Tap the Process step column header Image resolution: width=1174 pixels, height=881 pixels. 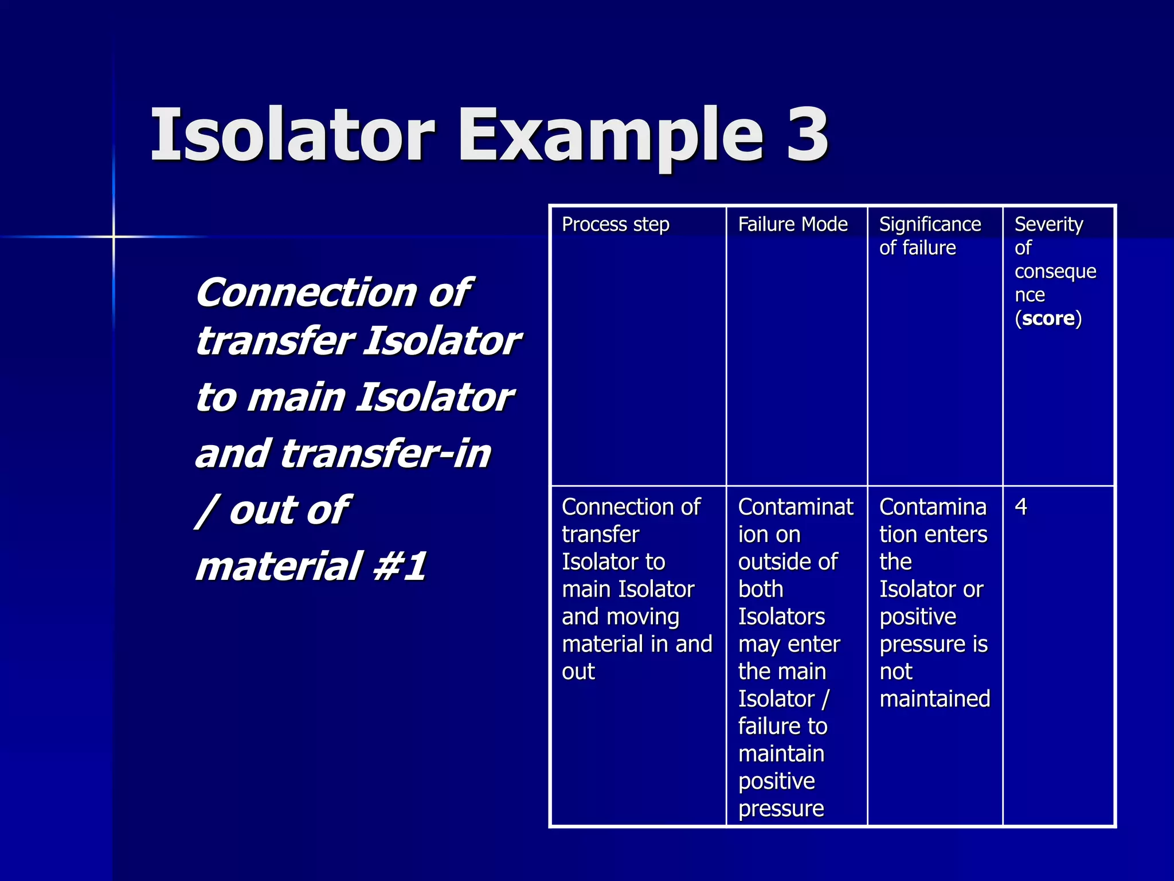(x=615, y=224)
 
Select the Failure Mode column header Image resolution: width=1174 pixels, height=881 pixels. (x=792, y=224)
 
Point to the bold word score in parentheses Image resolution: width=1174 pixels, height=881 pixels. (x=1048, y=318)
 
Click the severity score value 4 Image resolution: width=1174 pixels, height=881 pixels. (x=1021, y=507)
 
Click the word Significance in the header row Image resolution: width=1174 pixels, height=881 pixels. (x=930, y=224)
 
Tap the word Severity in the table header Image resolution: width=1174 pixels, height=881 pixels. (x=1048, y=224)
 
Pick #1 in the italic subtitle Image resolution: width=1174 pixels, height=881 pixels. (x=400, y=566)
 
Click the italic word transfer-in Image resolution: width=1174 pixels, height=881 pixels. (x=386, y=453)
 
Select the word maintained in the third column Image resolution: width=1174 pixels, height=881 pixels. (x=934, y=699)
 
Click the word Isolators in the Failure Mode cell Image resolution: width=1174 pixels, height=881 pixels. (x=781, y=617)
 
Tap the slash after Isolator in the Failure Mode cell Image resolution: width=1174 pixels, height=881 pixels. (x=825, y=699)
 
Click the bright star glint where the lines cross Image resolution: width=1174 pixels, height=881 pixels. (x=114, y=236)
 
